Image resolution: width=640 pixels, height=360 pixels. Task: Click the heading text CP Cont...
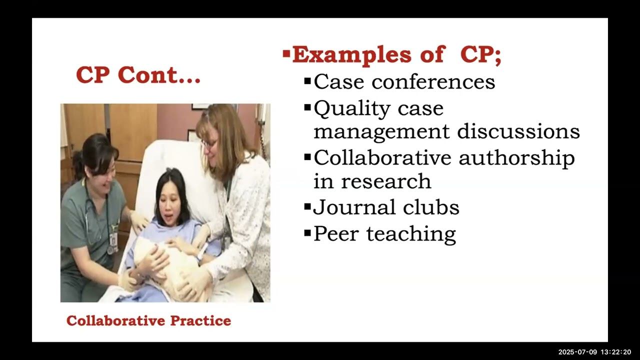[x=138, y=75]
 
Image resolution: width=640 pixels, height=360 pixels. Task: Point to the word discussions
[x=518, y=131]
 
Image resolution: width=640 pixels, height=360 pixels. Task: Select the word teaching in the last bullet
[x=411, y=233]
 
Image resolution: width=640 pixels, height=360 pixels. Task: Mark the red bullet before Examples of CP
[x=286, y=53]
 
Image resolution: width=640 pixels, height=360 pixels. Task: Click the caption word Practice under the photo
[x=200, y=320]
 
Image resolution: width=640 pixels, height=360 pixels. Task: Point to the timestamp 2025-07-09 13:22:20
[x=594, y=352]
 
